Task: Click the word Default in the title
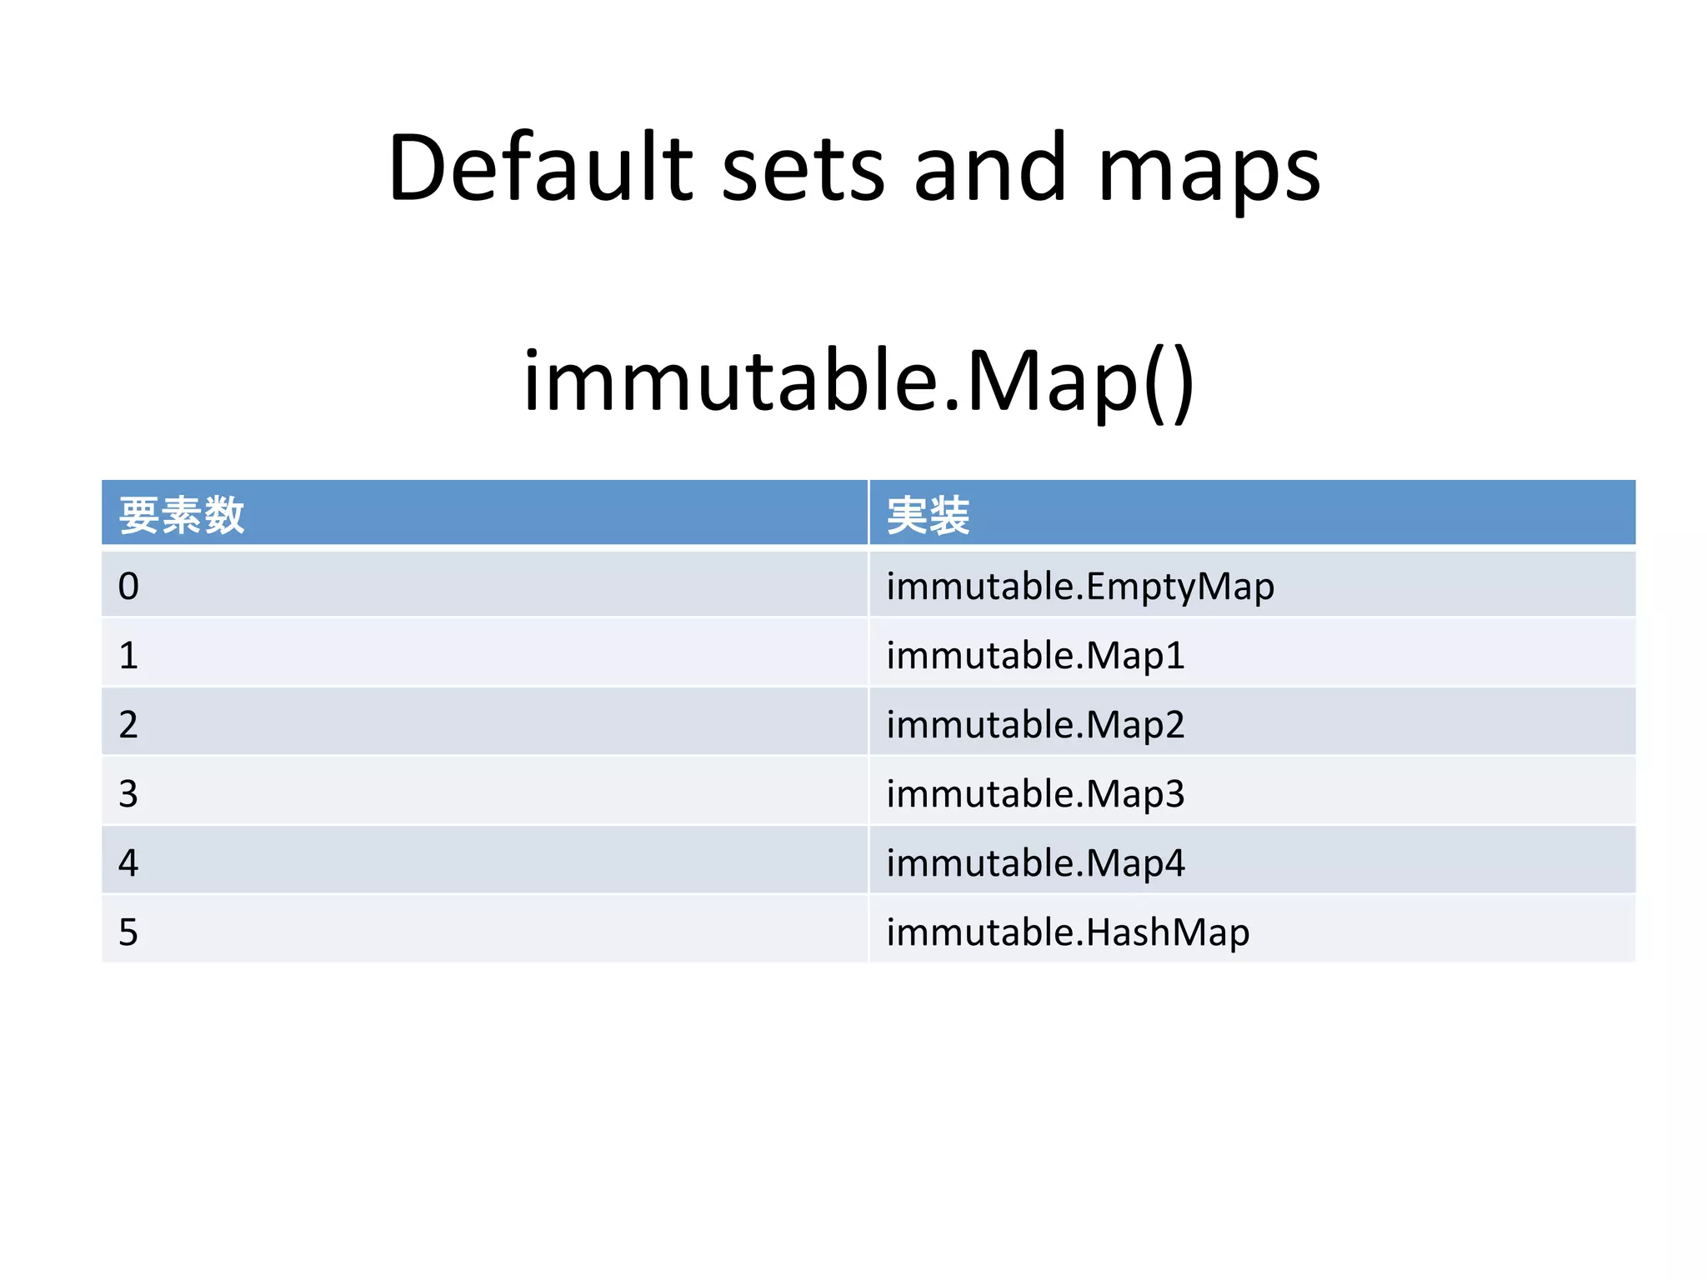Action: tap(540, 168)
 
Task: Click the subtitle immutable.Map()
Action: tap(859, 382)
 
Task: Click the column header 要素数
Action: tap(182, 515)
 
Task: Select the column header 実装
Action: tap(928, 515)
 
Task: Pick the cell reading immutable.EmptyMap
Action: tap(1080, 586)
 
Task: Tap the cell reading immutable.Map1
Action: tap(1035, 655)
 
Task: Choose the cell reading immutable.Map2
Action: tap(1035, 724)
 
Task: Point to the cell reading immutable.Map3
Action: tap(1035, 793)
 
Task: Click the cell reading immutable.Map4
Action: tap(1035, 862)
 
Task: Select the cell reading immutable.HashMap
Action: tap(1068, 932)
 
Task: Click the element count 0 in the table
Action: tap(128, 587)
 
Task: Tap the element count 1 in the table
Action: tap(128, 656)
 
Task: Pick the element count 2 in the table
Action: tap(128, 725)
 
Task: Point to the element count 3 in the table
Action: tap(128, 794)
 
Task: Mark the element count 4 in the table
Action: tap(128, 863)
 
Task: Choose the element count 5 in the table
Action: tap(128, 932)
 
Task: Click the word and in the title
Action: tap(989, 168)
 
